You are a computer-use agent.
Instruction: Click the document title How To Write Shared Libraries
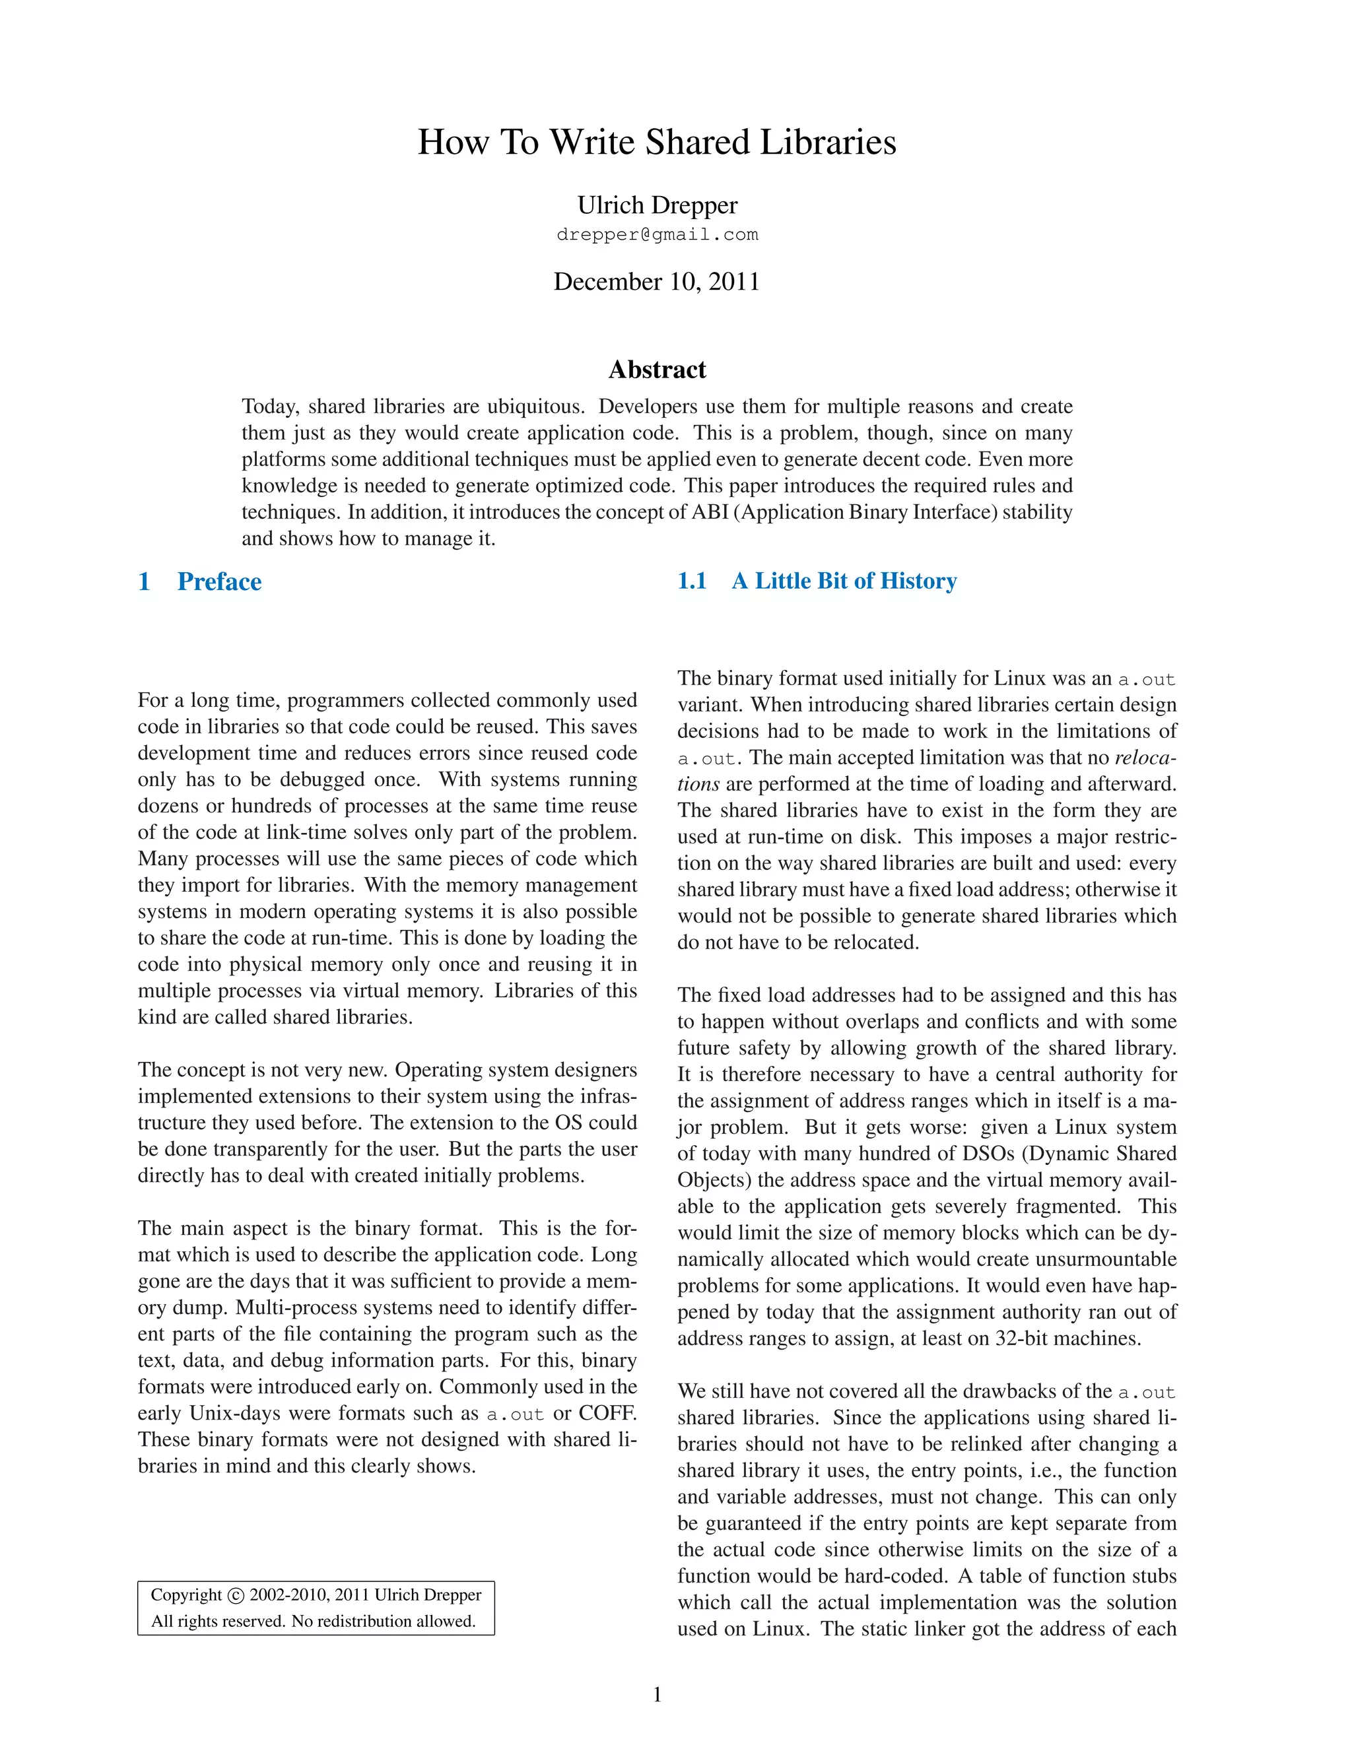click(657, 143)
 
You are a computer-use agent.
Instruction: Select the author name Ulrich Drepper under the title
click(657, 206)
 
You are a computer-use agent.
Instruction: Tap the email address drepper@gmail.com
click(657, 235)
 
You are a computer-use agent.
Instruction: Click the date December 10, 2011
click(657, 282)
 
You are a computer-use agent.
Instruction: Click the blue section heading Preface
click(219, 581)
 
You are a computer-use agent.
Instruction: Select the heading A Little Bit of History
click(844, 581)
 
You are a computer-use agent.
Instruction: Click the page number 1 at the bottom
click(657, 1694)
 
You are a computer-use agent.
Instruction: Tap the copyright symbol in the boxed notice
click(236, 1596)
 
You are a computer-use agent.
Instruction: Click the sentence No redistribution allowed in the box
click(384, 1622)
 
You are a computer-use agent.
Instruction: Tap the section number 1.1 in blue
click(692, 581)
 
